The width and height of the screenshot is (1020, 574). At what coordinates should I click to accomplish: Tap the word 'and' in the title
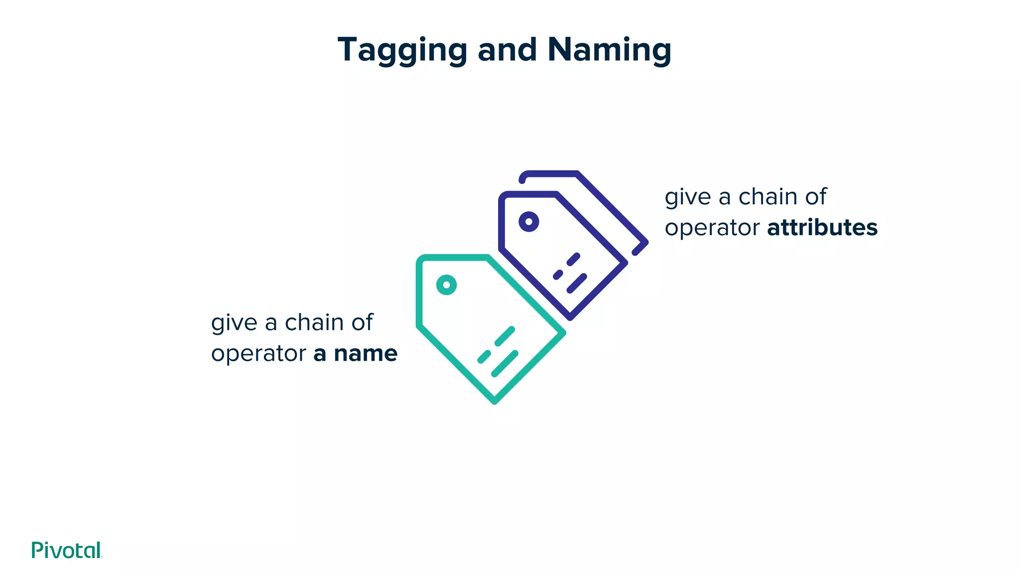(507, 50)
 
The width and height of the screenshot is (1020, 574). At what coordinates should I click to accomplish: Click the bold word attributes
(822, 228)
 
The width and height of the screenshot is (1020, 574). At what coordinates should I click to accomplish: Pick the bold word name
(366, 354)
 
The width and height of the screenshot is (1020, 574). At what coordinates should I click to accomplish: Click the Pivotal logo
(67, 550)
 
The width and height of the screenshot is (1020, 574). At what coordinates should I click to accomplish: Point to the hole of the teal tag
(446, 285)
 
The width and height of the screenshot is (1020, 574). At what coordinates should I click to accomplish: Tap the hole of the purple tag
(528, 222)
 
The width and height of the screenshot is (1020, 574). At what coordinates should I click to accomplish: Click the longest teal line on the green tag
(505, 364)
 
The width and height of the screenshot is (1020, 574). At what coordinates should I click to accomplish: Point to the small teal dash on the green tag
(484, 357)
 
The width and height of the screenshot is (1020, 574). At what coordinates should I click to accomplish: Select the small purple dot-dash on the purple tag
(558, 275)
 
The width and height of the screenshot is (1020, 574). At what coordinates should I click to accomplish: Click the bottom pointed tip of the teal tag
(495, 401)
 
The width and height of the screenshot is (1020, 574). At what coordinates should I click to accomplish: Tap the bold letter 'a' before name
(320, 354)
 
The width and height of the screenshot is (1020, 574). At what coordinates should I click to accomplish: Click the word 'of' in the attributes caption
(816, 197)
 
